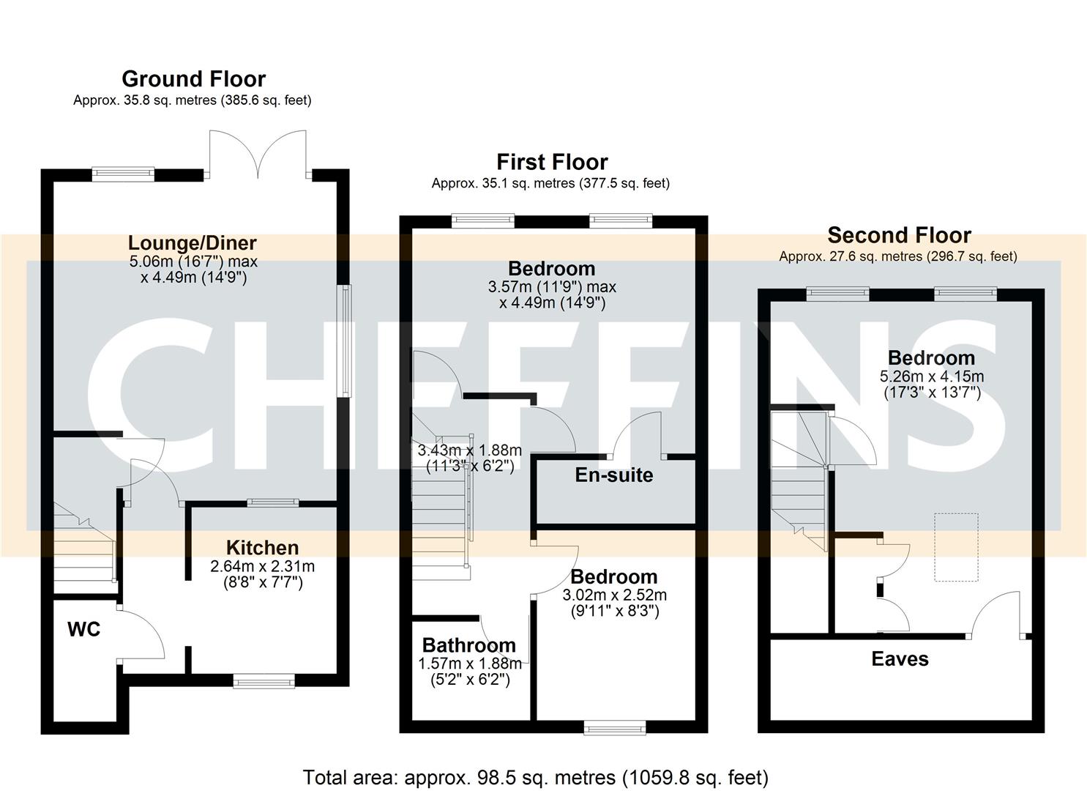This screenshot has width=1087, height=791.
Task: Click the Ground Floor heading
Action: pos(193,79)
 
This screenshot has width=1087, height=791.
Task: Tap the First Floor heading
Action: pos(552,162)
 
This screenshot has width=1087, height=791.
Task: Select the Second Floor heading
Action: pos(899,235)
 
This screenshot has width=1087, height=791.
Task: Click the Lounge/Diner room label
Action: pos(193,243)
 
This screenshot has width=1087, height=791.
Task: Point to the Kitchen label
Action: pos(262,548)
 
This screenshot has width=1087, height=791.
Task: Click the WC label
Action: pos(83,630)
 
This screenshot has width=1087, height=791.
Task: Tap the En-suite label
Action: pos(613,475)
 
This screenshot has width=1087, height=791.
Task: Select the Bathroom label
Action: pos(468,645)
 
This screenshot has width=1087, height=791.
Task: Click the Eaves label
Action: pos(900,659)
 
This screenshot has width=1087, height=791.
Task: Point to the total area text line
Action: pos(535,777)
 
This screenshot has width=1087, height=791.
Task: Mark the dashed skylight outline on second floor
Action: pos(956,547)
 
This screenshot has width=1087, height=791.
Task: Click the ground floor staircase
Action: pos(83,549)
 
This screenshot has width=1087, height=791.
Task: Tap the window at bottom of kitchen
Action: pos(264,682)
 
